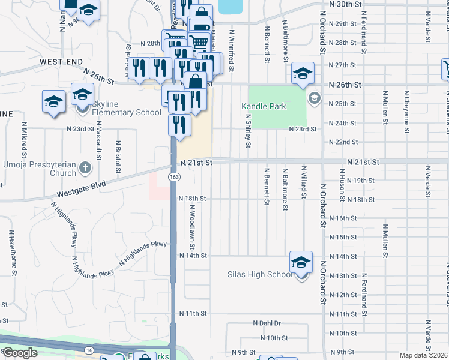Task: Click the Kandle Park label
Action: click(x=264, y=106)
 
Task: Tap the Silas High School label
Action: click(x=259, y=275)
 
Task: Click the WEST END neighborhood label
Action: click(x=61, y=62)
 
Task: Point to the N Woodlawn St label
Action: click(x=193, y=227)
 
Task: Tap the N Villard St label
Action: click(x=304, y=182)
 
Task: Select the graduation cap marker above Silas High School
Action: click(x=301, y=262)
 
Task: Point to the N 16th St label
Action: click(x=344, y=218)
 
